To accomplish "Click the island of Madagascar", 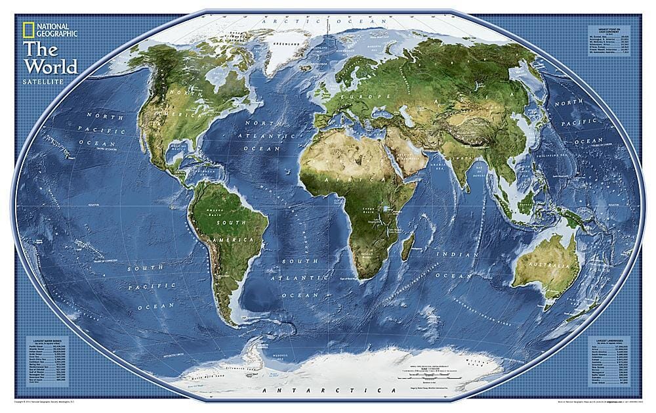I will coord(407,248).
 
